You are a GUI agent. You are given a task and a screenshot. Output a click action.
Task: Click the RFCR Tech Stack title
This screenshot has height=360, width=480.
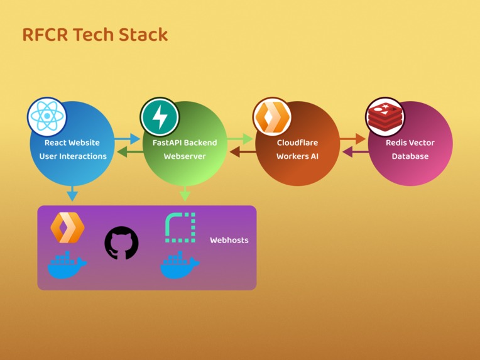(95, 35)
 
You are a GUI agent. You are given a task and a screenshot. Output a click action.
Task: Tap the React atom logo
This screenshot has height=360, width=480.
(47, 117)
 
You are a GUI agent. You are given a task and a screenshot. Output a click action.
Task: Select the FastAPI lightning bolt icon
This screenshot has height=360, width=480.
(160, 117)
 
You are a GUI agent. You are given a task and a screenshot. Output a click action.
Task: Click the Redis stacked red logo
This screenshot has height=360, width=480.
(385, 117)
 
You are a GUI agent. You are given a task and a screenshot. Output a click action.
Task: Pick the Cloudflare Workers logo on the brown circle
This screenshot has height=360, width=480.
(272, 117)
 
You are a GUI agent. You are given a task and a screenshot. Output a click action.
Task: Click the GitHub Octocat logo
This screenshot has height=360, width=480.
(121, 243)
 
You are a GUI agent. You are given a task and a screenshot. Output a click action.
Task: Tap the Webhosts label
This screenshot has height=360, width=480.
(229, 240)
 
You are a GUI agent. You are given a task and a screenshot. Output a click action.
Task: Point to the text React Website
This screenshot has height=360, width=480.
(72, 143)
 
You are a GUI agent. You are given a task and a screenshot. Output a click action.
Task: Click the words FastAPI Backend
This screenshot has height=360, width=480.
(185, 143)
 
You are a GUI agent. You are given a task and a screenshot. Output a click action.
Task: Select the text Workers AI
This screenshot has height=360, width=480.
(297, 156)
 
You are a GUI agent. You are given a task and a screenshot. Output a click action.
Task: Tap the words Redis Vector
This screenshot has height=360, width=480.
(410, 143)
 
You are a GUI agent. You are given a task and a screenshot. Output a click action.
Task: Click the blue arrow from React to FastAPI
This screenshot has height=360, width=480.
(128, 139)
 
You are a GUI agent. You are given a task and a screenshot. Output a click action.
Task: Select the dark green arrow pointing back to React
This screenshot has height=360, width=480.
(130, 152)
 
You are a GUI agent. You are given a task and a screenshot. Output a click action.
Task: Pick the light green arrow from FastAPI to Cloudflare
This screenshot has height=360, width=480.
(240, 139)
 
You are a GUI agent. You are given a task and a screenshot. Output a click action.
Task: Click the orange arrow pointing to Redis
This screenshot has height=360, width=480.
(352, 139)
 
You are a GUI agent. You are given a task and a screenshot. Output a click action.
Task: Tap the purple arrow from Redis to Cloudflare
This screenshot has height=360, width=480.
(356, 152)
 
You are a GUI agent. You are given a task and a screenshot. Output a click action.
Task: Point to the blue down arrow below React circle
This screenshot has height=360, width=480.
(72, 194)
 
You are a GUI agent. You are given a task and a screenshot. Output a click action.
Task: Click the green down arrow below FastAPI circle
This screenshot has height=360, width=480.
(185, 194)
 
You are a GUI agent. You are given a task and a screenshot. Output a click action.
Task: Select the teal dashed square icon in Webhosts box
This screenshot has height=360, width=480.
(180, 227)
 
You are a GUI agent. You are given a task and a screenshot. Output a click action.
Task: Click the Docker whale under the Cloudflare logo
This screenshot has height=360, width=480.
(67, 265)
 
